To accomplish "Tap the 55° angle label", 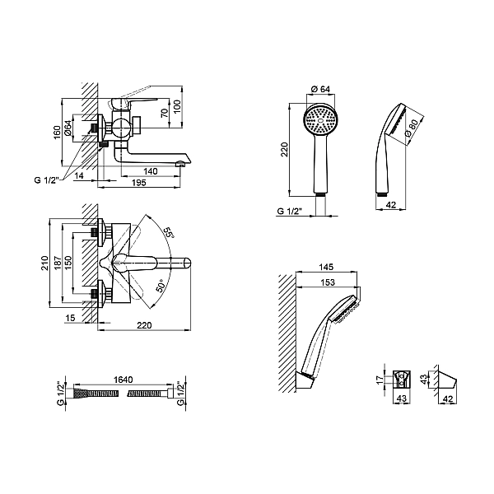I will pyautogui.click(x=168, y=234).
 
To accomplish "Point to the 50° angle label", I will pyautogui.click(x=162, y=286).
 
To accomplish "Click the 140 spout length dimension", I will pyautogui.click(x=150, y=170).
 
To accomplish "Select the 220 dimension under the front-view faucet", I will pyautogui.click(x=145, y=324).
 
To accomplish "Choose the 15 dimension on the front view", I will pyautogui.click(x=72, y=318).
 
